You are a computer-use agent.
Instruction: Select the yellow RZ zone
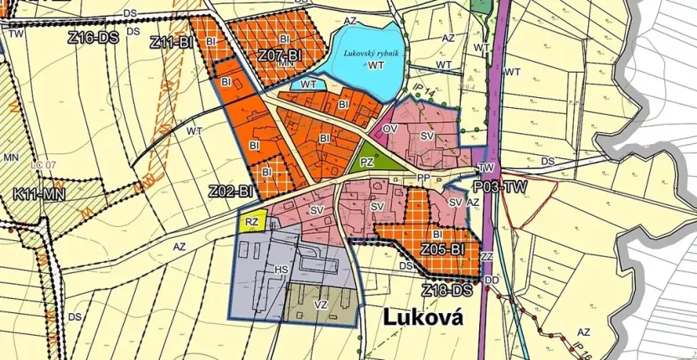[252, 221]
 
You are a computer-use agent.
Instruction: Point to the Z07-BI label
[279, 55]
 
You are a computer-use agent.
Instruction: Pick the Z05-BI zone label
[442, 249]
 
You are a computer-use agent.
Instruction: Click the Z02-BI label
[231, 192]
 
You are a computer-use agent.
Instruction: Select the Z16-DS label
[92, 38]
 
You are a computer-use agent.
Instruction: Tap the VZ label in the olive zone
[320, 306]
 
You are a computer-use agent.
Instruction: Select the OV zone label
[389, 129]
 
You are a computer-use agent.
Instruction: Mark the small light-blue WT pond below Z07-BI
[307, 84]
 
